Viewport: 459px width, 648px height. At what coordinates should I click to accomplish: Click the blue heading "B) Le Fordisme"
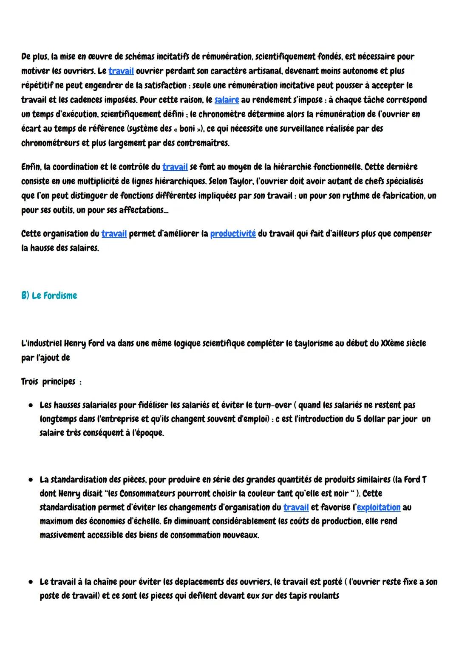49,296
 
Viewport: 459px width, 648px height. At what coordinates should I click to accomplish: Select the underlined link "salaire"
227,100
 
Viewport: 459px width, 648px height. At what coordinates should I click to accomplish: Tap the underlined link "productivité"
233,234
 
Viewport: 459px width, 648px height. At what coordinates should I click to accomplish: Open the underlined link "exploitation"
379,507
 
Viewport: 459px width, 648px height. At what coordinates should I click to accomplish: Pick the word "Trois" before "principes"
29,381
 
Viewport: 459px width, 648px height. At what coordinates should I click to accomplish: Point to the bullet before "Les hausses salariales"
31,405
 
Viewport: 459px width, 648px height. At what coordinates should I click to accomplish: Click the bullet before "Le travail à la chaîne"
31,582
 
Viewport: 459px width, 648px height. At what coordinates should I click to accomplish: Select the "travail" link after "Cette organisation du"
114,234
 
